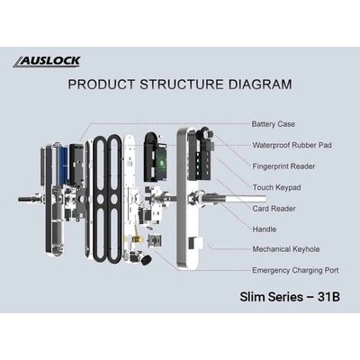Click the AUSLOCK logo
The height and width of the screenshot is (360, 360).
tap(47, 61)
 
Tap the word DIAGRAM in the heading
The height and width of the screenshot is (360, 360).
tap(260, 85)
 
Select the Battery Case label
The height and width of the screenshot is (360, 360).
tap(274, 124)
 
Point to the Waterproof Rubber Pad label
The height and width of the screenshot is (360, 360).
tap(292, 145)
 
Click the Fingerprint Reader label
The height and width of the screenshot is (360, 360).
tap(283, 166)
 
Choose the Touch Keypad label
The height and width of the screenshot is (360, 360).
tap(276, 187)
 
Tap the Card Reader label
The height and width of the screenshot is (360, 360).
tap(274, 209)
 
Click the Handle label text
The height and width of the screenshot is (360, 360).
tap(265, 229)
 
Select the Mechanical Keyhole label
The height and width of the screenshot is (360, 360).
tap(286, 249)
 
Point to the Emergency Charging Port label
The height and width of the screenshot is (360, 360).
tap(295, 271)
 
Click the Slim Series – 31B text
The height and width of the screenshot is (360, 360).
tap(290, 297)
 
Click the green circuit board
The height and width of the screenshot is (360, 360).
tap(161, 163)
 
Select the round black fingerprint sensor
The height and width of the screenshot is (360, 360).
tap(207, 132)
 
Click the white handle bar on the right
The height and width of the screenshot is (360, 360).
tap(246, 199)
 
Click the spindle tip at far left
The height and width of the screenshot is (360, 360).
tap(20, 199)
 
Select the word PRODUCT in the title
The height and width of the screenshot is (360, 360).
tap(102, 85)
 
